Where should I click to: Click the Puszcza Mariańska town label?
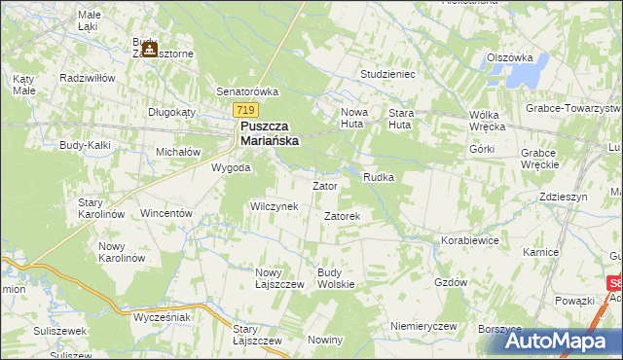click(x=270, y=133)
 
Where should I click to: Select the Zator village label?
click(x=324, y=185)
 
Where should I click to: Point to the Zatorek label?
click(x=343, y=215)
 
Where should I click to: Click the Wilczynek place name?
click(x=280, y=206)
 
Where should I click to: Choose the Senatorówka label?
click(x=247, y=91)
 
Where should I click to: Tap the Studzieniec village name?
click(x=387, y=73)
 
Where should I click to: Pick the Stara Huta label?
click(x=401, y=119)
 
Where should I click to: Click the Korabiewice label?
click(x=469, y=238)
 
